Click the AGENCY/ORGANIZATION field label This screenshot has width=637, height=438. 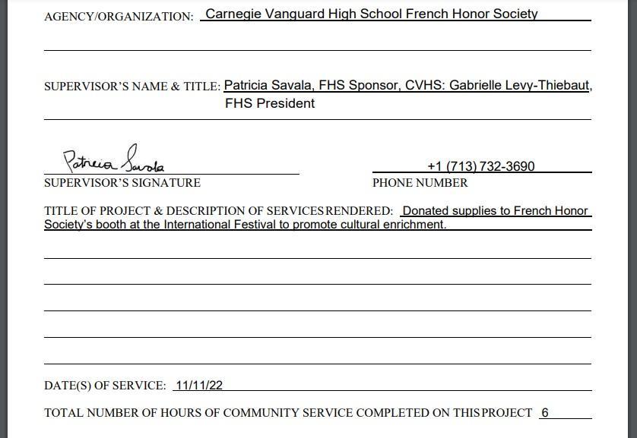(x=119, y=17)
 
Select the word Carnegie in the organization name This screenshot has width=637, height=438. (x=232, y=14)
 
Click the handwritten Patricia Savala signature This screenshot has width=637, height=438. (x=114, y=161)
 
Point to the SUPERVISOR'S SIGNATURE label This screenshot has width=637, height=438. (x=122, y=183)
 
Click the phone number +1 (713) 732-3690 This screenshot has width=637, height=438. (x=480, y=166)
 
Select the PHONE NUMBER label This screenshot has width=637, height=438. (x=420, y=183)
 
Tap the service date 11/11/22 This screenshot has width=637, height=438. (x=198, y=385)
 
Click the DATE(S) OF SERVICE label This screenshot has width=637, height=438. (x=105, y=386)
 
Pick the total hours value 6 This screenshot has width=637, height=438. (x=545, y=413)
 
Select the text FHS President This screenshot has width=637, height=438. (x=270, y=103)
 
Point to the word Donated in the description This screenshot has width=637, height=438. (x=426, y=210)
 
